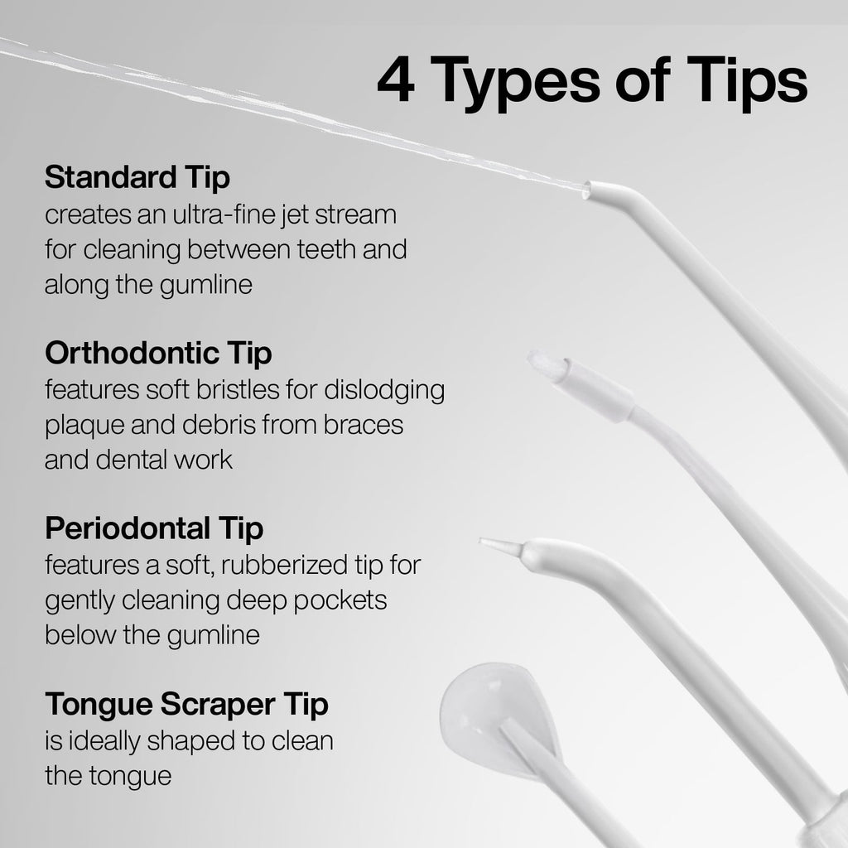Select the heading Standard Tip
(137, 177)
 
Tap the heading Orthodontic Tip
(158, 354)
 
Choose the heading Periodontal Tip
(154, 528)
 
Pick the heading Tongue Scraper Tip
(186, 705)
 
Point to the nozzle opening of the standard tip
(587, 190)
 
